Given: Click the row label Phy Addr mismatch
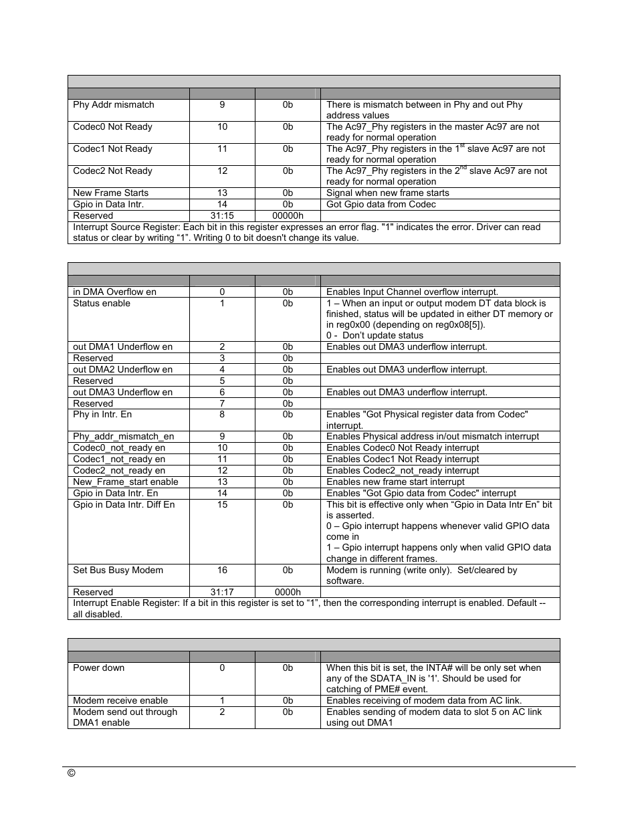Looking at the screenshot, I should click(114, 105).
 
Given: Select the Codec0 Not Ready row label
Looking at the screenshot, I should click(112, 127).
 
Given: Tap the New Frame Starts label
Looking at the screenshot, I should click(111, 193).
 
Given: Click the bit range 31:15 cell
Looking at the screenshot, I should click(222, 216).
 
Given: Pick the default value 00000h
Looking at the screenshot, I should click(288, 216).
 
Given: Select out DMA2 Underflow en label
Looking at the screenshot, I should click(122, 370).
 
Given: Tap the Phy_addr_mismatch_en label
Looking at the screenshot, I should click(123, 437).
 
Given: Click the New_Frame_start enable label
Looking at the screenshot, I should click(126, 482).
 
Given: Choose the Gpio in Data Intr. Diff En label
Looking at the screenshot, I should click(124, 505).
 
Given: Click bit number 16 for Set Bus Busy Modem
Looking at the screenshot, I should click(222, 571).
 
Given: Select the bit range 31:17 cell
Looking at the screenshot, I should click(222, 593).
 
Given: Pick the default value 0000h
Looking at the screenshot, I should click(288, 593).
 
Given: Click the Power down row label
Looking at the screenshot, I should click(98, 668).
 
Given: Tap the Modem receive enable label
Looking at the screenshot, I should click(120, 701).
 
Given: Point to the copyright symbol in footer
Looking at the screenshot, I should click(71, 773).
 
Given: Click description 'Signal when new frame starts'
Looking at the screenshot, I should click(388, 193).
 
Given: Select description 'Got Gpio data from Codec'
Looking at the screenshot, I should click(381, 205).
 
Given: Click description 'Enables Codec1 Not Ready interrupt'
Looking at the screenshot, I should click(403, 459).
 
